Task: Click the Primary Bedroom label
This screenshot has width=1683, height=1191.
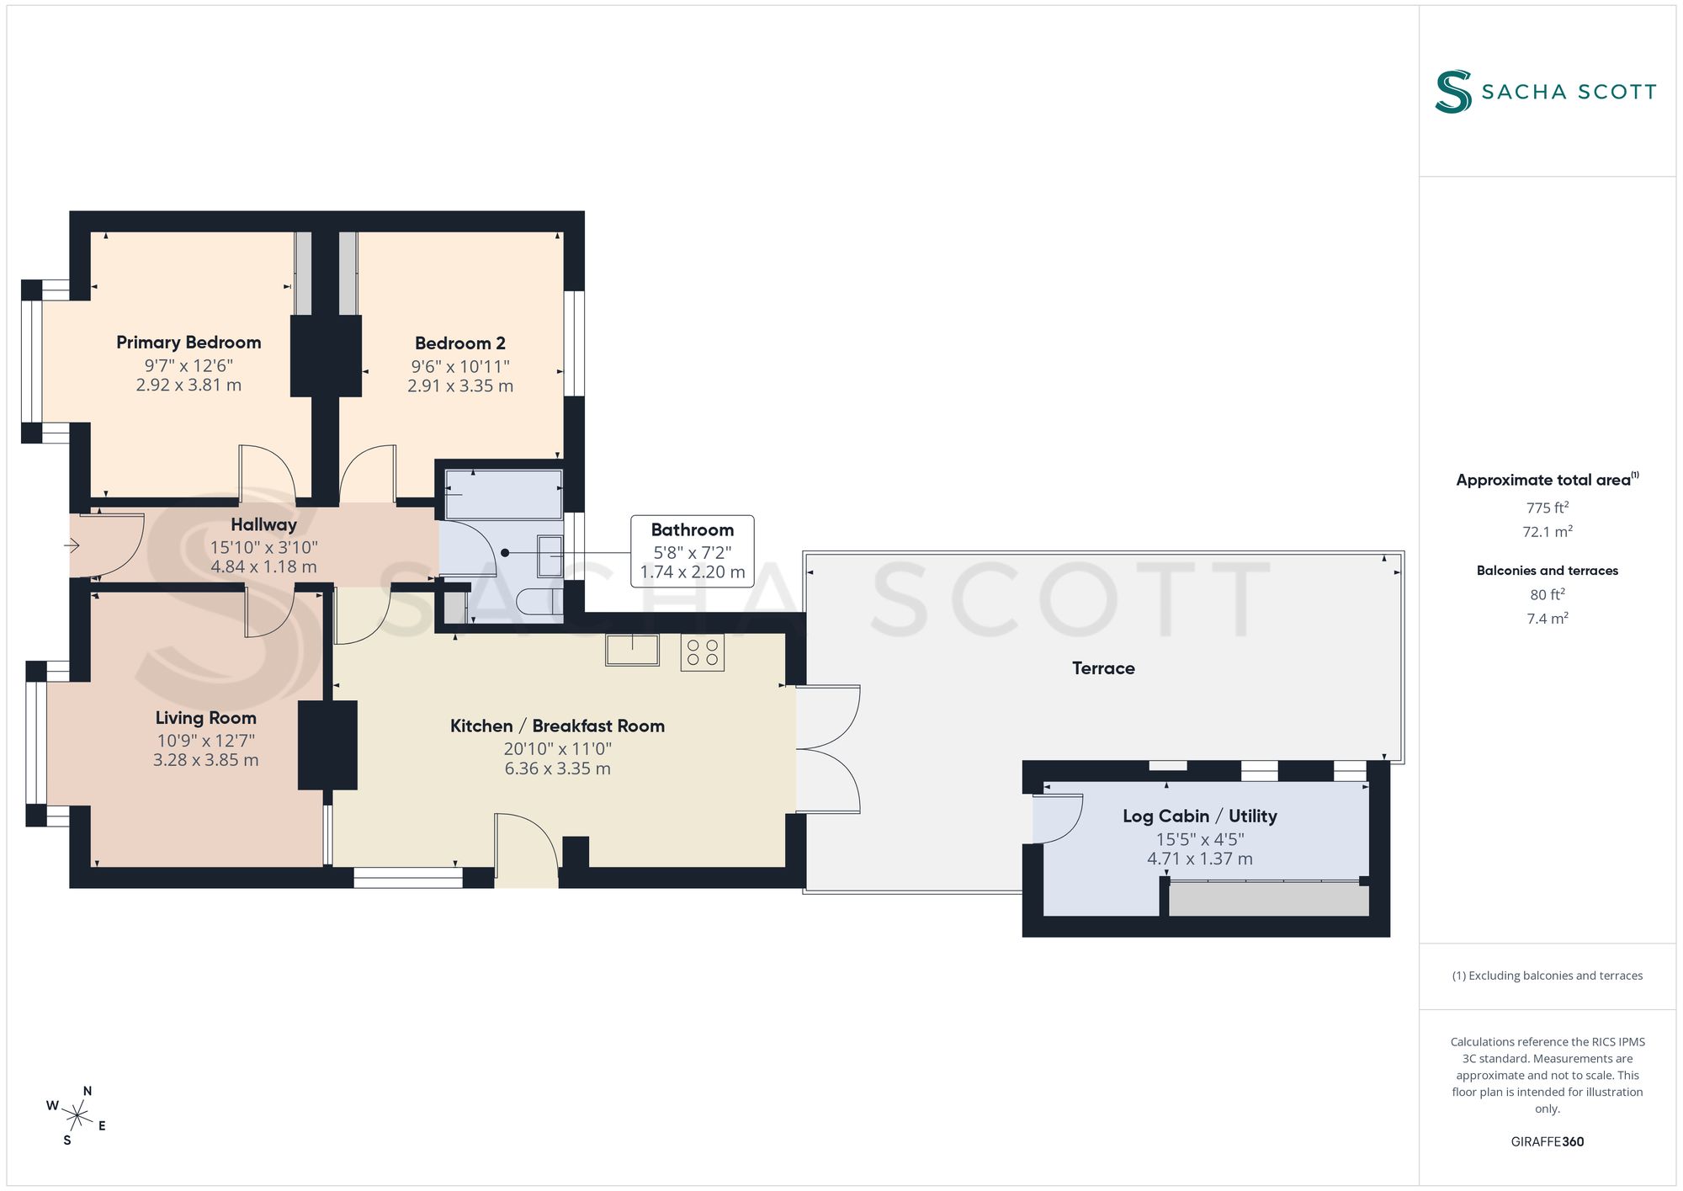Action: (188, 343)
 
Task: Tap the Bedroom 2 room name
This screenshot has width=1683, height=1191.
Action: (460, 343)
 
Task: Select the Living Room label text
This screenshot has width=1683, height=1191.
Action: (206, 718)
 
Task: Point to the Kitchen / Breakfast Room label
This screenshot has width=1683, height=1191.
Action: (557, 726)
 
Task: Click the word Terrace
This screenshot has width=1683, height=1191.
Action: (1103, 668)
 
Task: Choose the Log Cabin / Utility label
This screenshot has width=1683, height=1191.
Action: (1200, 816)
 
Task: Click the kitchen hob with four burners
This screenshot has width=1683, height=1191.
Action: (702, 652)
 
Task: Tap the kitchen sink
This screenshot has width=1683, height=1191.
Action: (632, 650)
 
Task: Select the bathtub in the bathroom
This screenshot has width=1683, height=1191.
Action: (503, 494)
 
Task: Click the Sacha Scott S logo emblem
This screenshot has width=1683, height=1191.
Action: (1453, 92)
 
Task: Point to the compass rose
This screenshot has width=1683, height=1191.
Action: (77, 1117)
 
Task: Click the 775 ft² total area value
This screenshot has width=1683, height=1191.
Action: (1548, 508)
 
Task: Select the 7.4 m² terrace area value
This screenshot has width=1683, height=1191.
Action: (1548, 619)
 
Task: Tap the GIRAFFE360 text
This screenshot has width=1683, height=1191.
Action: (1548, 1142)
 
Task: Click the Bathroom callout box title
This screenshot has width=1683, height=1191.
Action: (693, 530)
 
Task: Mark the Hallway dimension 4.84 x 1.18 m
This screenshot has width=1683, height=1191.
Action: (263, 567)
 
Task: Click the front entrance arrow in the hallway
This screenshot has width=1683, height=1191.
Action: (72, 546)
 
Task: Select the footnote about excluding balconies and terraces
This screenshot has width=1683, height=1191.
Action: (1548, 976)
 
